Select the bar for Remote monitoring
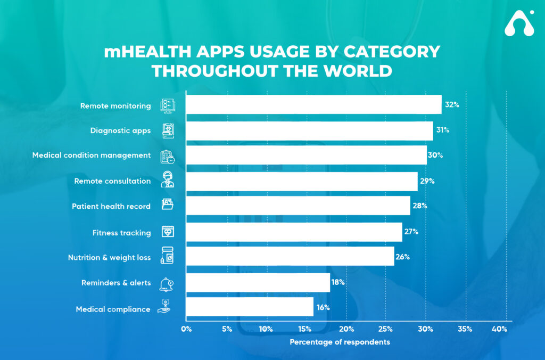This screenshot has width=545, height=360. tap(313, 105)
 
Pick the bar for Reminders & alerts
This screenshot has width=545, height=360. tap(258, 282)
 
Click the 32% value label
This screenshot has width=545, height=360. tap(452, 105)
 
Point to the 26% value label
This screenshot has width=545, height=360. tap(402, 257)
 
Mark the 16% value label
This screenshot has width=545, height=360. tap(323, 307)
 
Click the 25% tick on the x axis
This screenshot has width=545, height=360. tap(386, 329)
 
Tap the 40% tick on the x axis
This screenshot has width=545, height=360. tap(499, 329)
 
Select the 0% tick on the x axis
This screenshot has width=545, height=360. tap(186, 329)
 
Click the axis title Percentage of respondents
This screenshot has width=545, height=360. tap(340, 342)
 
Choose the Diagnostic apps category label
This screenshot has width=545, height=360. tap(120, 130)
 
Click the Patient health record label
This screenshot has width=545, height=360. tap(111, 206)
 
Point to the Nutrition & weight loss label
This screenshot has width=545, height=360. tap(109, 257)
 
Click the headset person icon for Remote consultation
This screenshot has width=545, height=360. tap(168, 181)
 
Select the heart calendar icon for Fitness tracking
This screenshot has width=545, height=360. tap(168, 232)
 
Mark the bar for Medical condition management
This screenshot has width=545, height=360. tap(305, 156)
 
